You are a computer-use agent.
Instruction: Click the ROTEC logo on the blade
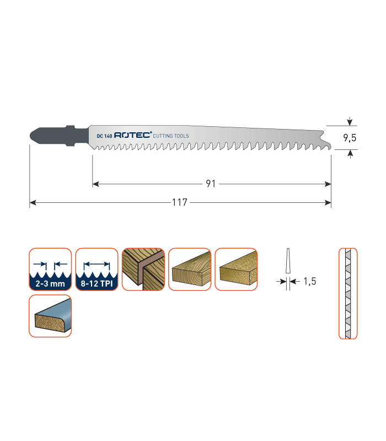pyautogui.click(x=133, y=135)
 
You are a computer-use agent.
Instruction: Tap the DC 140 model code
pyautogui.click(x=104, y=136)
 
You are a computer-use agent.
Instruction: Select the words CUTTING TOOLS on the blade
pyautogui.click(x=171, y=136)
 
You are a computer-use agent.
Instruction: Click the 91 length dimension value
pyautogui.click(x=211, y=184)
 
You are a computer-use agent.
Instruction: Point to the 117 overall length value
pyautogui.click(x=180, y=202)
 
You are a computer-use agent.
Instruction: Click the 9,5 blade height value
pyautogui.click(x=350, y=138)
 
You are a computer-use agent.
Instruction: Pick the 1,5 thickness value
pyautogui.click(x=310, y=281)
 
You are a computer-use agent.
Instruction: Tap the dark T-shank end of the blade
pyautogui.click(x=59, y=136)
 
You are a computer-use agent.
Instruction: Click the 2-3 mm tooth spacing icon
pyautogui.click(x=50, y=270)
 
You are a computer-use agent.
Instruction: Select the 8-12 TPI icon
pyautogui.click(x=97, y=270)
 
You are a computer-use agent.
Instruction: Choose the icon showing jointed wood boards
pyautogui.click(x=143, y=270)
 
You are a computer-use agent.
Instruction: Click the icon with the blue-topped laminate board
pyautogui.click(x=50, y=316)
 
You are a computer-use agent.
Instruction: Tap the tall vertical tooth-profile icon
pyautogui.click(x=348, y=293)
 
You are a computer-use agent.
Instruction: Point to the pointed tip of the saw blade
pyautogui.click(x=331, y=147)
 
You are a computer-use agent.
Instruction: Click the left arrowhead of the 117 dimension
pyautogui.click(x=33, y=202)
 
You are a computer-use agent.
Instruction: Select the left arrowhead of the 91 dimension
pyautogui.click(x=95, y=184)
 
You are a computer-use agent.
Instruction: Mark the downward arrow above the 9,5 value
pyautogui.click(x=350, y=121)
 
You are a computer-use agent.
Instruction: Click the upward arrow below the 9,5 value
pyautogui.click(x=350, y=154)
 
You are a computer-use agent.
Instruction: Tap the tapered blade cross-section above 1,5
pyautogui.click(x=288, y=260)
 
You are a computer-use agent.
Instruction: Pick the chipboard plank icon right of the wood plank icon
pyautogui.click(x=236, y=270)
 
